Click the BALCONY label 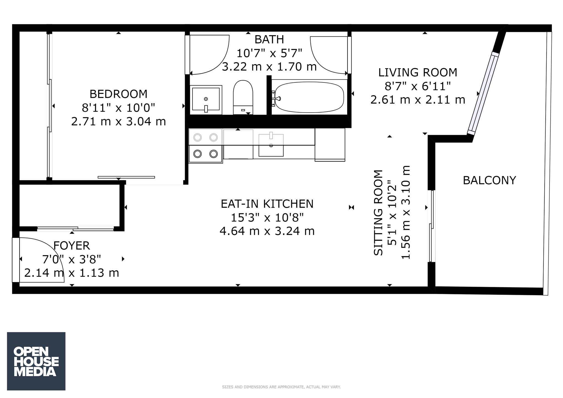point(489,180)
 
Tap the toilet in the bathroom point(243,97)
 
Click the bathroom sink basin point(206,99)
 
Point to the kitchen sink point(271,145)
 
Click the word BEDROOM point(118,94)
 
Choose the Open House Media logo point(36,361)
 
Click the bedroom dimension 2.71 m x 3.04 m point(118,121)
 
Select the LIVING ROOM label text point(418,73)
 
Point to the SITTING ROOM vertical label point(378,213)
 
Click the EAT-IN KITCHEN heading point(267,204)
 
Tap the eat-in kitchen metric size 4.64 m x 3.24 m point(267,231)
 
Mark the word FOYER point(71,245)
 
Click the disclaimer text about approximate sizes point(281,387)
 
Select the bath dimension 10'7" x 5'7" point(269,53)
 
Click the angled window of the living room point(483,93)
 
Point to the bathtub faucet point(275,98)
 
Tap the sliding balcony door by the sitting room point(432,226)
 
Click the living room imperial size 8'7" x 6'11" point(418,86)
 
